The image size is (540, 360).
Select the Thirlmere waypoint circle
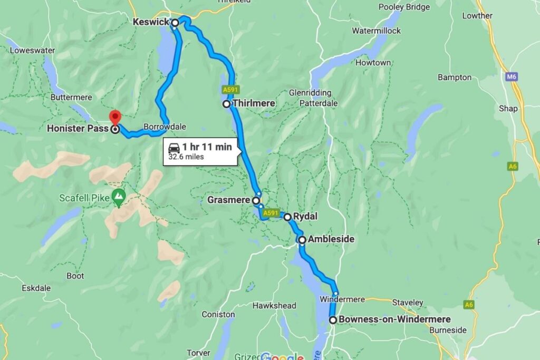click(x=226, y=104)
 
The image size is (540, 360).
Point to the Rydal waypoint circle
click(x=287, y=217)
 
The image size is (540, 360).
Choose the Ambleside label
click(x=331, y=239)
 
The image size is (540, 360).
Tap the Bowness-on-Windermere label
click(x=394, y=319)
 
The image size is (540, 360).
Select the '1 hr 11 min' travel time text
click(x=207, y=147)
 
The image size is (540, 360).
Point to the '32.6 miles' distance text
click(x=186, y=157)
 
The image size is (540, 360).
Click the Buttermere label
click(x=71, y=98)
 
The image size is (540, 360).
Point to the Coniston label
click(x=218, y=315)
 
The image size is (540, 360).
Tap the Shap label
click(x=508, y=109)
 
